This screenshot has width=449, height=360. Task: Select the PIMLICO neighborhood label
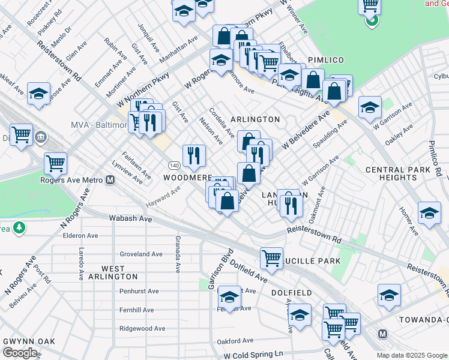tap(325, 61)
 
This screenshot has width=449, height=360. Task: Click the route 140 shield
tap(174, 165)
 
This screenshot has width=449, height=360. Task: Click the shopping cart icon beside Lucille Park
tap(272, 258)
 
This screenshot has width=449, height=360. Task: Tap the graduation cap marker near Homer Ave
tap(429, 213)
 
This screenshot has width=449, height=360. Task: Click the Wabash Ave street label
tap(130, 219)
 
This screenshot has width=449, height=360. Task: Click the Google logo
tap(20, 353)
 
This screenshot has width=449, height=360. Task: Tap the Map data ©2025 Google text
tap(411, 355)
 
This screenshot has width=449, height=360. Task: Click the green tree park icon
tap(20, 227)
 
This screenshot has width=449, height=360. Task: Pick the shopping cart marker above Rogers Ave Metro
tap(55, 162)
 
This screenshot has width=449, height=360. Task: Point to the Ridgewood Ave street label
tap(142, 329)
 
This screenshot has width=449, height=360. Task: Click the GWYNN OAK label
tap(29, 341)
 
